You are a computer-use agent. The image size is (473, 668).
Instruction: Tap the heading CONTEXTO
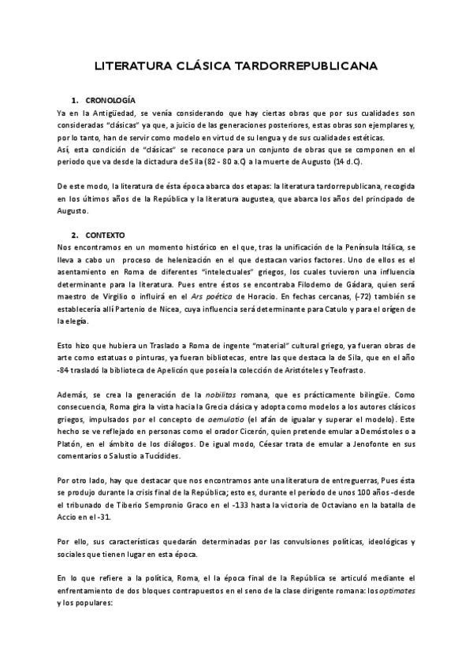point(106,236)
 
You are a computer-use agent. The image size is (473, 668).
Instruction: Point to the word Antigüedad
point(115,114)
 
